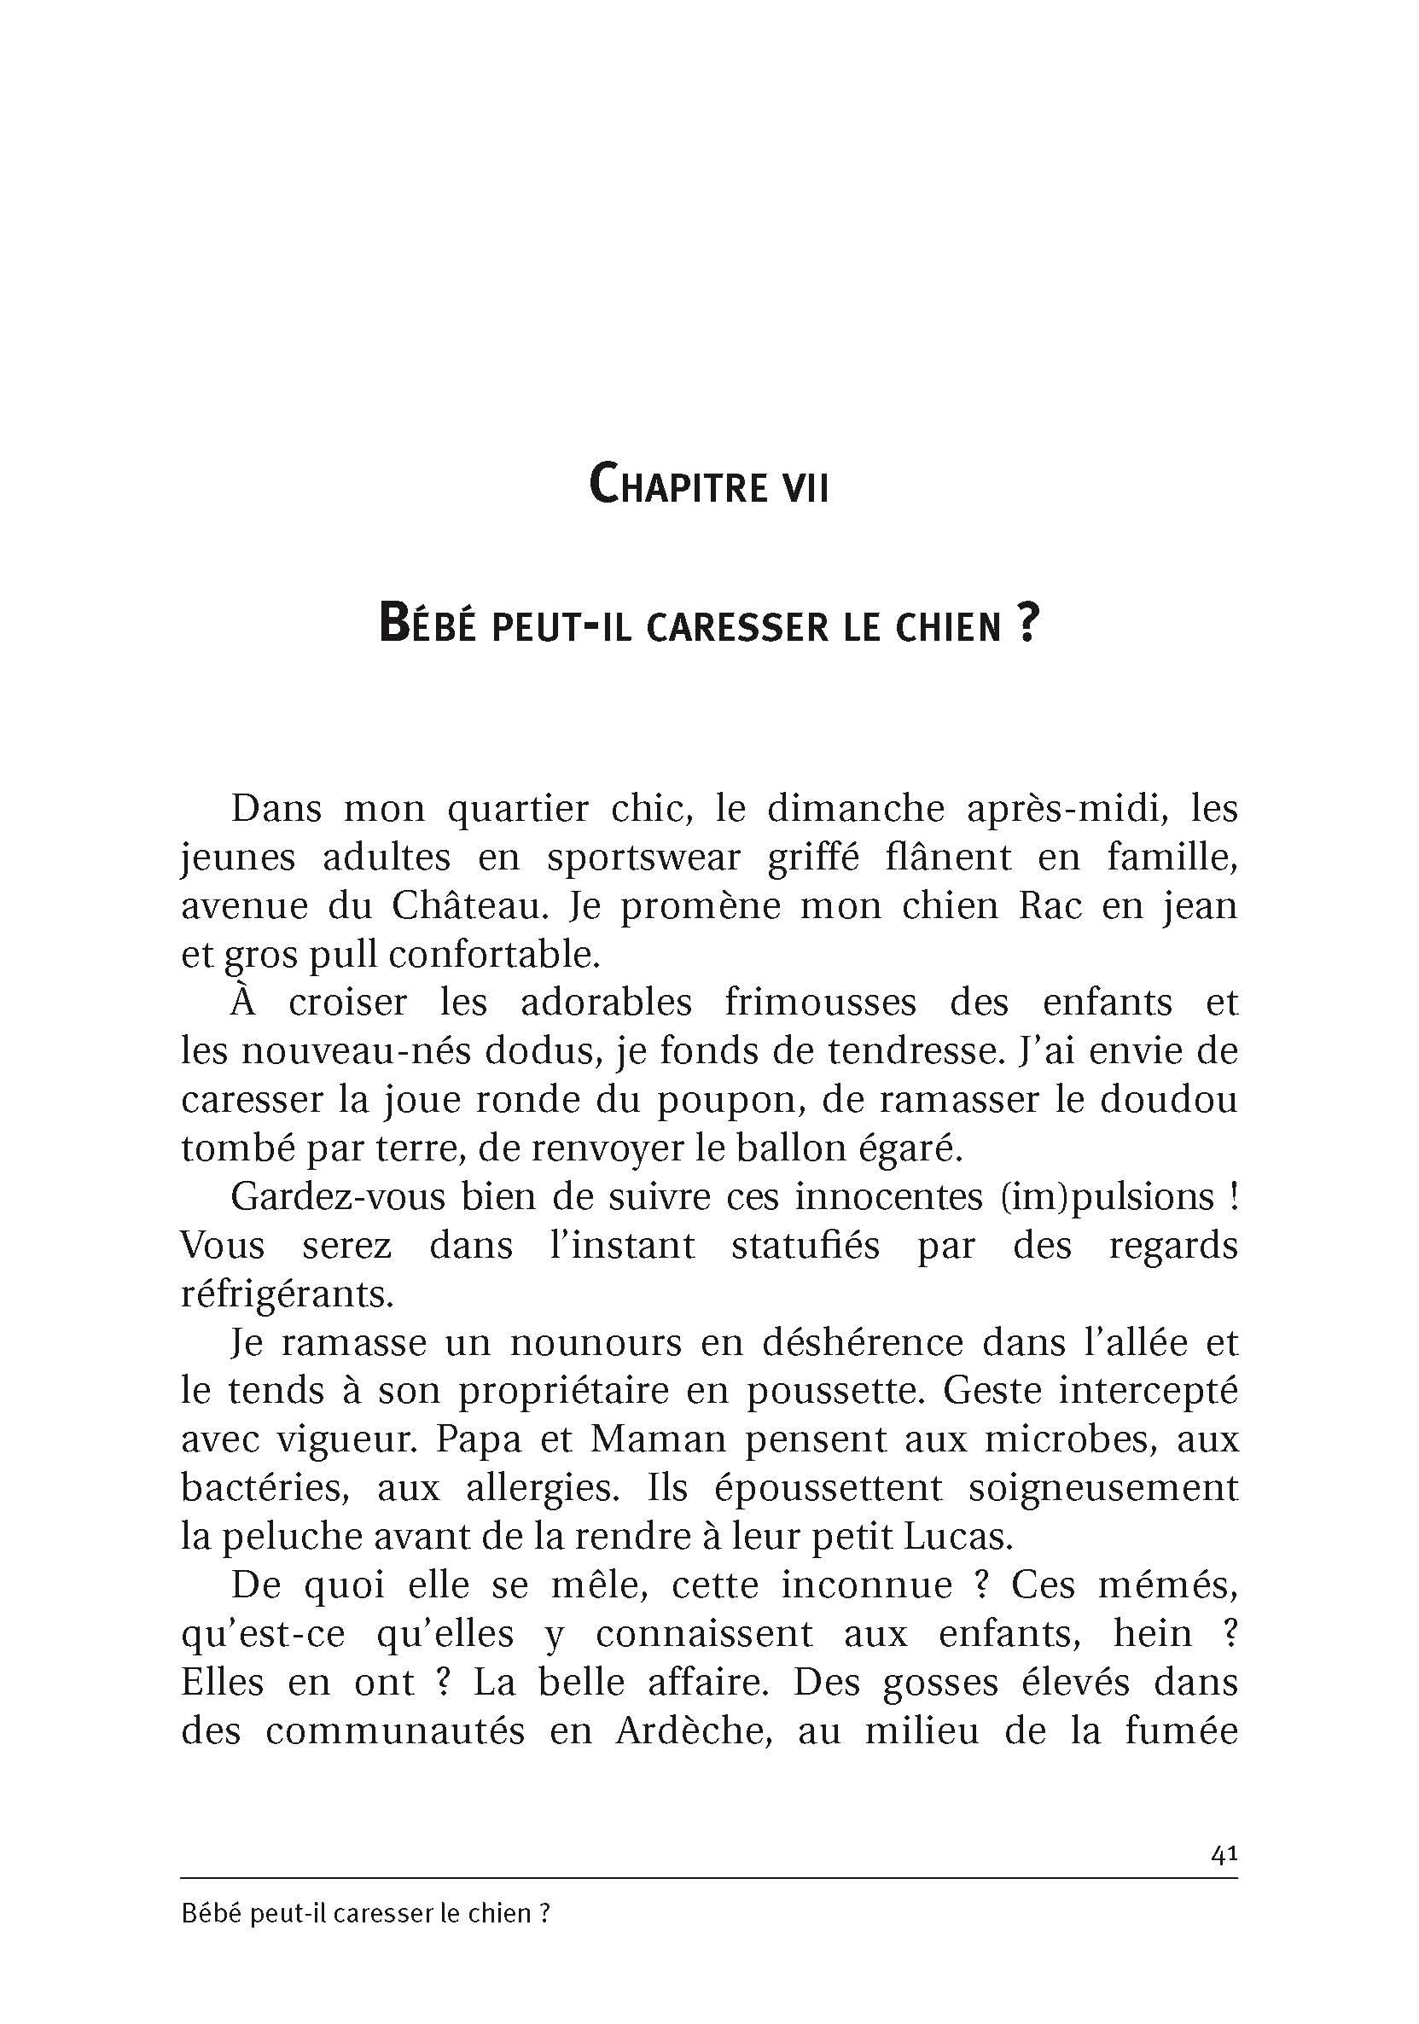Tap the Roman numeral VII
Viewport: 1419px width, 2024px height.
(800, 487)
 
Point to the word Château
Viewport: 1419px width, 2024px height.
(463, 907)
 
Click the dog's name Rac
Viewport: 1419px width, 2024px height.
(1050, 907)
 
